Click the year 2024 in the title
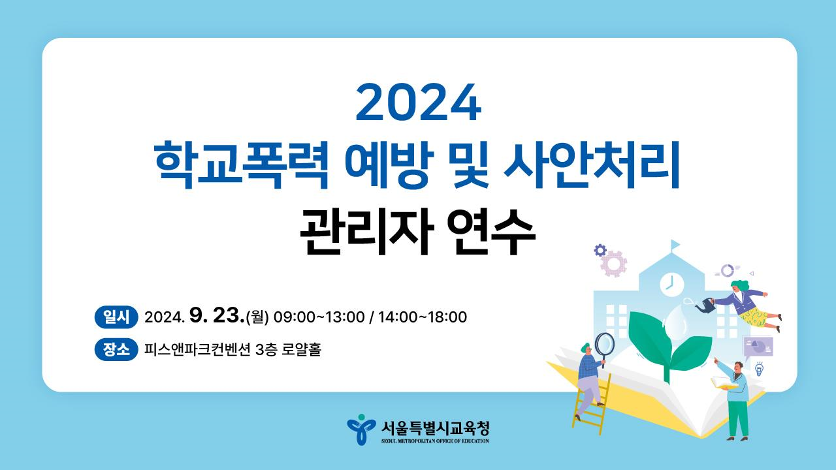click(x=419, y=102)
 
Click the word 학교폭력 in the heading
click(x=242, y=164)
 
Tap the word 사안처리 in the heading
click(x=591, y=164)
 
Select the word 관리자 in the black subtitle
click(x=367, y=232)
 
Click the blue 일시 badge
click(x=116, y=317)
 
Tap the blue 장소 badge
click(x=116, y=349)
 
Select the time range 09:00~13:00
click(x=319, y=317)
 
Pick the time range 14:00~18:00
click(x=423, y=317)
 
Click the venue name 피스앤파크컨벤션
click(x=197, y=350)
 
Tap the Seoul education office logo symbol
click(x=361, y=430)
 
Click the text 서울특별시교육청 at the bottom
click(x=435, y=428)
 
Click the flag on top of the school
click(x=675, y=245)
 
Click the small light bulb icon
click(x=759, y=369)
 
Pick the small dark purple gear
click(x=600, y=250)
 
